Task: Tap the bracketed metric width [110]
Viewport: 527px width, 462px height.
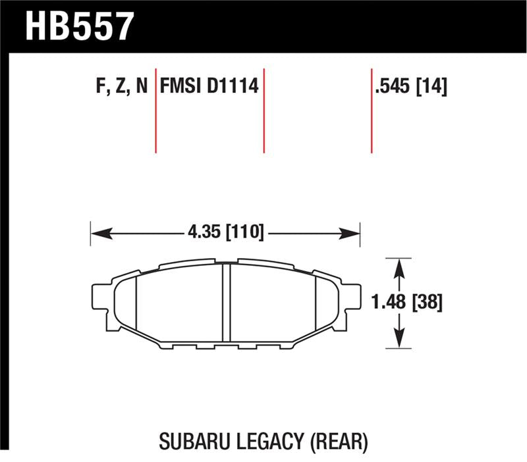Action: click(244, 232)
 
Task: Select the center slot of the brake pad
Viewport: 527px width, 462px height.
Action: click(225, 303)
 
